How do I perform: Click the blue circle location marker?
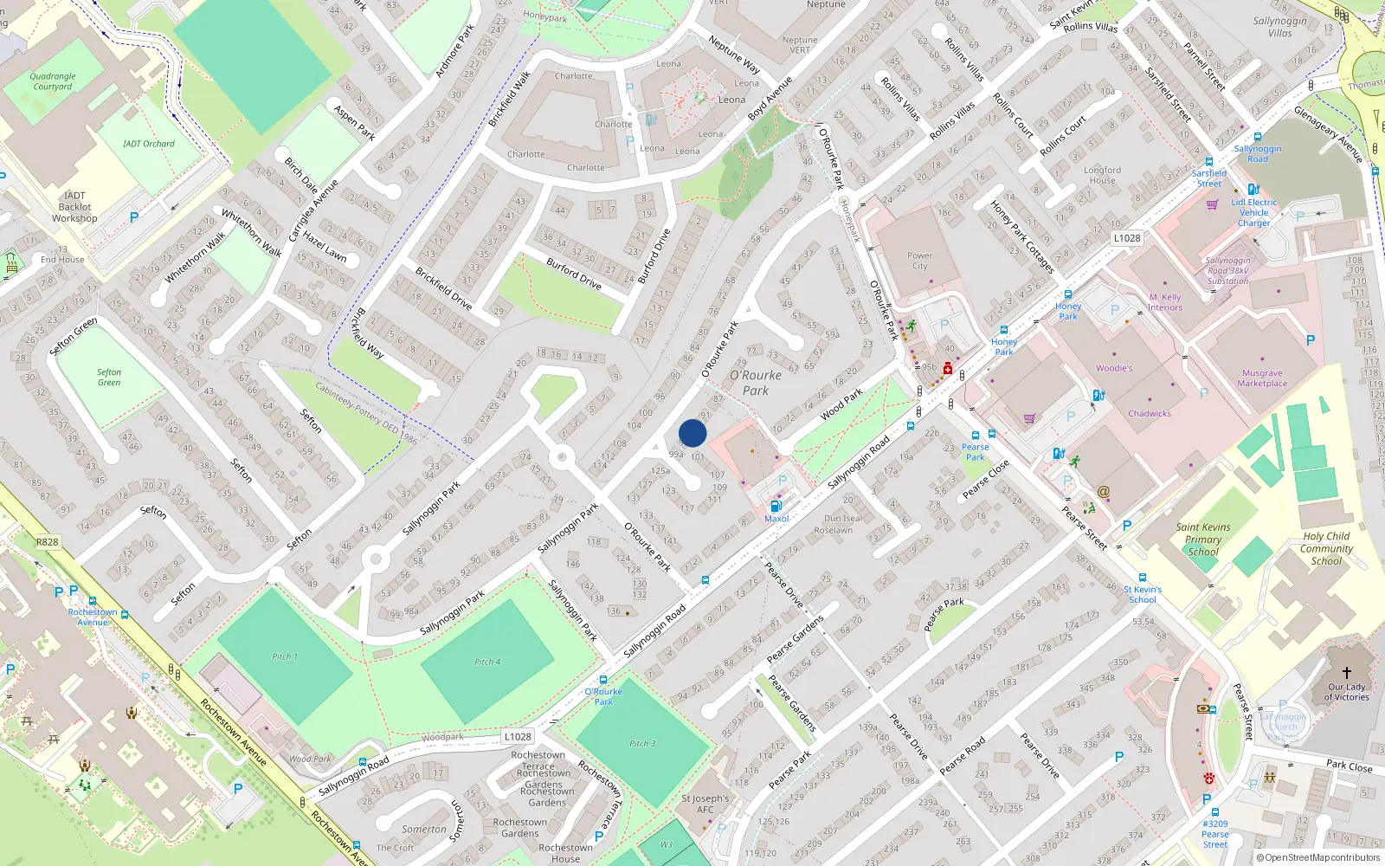coord(692,433)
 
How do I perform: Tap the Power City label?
coord(919,261)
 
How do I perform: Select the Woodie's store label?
coord(1113,368)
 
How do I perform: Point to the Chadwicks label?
coord(1149,413)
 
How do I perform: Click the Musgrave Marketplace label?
coord(1261,378)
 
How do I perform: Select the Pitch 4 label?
coord(487,662)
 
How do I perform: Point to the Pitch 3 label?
coord(642,743)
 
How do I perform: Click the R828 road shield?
coord(48,542)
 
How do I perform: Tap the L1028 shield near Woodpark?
coord(518,736)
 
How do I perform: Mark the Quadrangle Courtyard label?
coord(53,81)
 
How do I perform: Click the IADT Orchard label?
coord(149,144)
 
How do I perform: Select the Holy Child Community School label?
coord(1325,548)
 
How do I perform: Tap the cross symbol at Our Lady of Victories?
coord(1347,672)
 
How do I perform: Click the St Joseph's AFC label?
coord(705,804)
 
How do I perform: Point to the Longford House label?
coord(1102,175)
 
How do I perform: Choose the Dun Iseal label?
coord(842,519)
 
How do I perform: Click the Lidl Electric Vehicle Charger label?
coord(1253,212)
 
